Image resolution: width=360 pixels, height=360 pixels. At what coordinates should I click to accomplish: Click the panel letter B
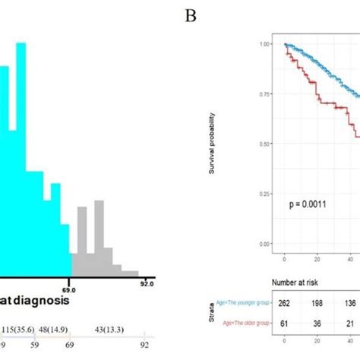pyautogui.click(x=191, y=14)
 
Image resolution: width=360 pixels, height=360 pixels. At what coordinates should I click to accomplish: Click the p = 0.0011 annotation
pyautogui.click(x=308, y=205)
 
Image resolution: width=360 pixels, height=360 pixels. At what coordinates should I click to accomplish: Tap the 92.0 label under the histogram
pyautogui.click(x=147, y=283)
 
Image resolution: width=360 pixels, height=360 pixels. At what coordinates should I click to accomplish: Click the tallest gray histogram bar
pyautogui.click(x=99, y=235)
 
